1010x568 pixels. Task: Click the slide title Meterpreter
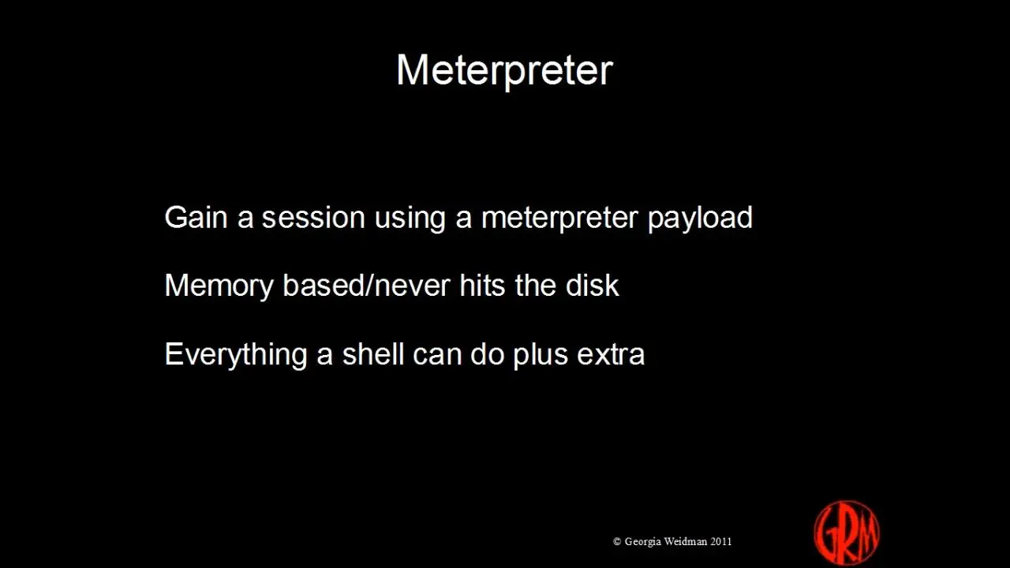pos(504,71)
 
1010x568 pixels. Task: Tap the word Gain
pos(196,217)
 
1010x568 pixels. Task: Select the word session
pos(313,217)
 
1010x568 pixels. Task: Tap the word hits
pos(482,286)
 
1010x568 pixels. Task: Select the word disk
pos(592,286)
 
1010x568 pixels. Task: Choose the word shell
pos(373,354)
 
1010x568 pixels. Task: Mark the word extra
pos(611,355)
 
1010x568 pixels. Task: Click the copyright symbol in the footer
pos(617,541)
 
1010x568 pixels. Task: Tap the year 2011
pos(721,541)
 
